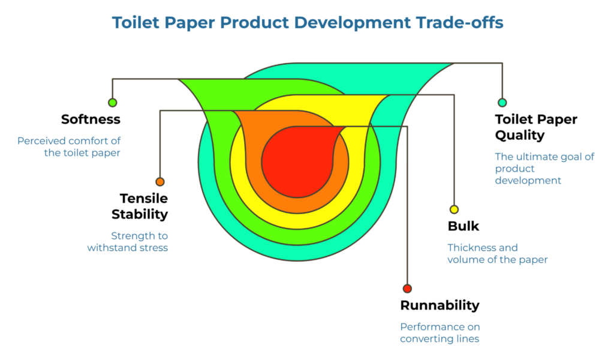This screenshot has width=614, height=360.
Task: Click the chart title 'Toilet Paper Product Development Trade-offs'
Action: pyautogui.click(x=307, y=23)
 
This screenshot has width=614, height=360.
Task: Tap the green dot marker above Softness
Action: pyautogui.click(x=112, y=103)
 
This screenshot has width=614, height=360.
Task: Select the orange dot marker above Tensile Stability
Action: pyautogui.click(x=159, y=182)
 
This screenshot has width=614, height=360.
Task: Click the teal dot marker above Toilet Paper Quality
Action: pyautogui.click(x=502, y=103)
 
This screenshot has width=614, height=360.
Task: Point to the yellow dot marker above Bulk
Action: pyautogui.click(x=454, y=209)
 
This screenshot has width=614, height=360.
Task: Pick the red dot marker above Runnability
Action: pyautogui.click(x=407, y=289)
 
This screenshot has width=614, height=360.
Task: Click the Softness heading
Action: pyautogui.click(x=91, y=119)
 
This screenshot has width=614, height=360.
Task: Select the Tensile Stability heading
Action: pyautogui.click(x=143, y=206)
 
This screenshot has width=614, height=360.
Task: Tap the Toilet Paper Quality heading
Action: pyautogui.click(x=536, y=127)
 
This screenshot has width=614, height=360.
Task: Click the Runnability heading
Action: pyautogui.click(x=440, y=305)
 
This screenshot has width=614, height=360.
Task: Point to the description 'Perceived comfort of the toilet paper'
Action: pyautogui.click(x=68, y=147)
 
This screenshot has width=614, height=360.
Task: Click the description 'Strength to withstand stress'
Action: pyautogui.click(x=127, y=241)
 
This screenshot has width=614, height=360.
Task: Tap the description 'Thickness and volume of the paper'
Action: pyautogui.click(x=497, y=254)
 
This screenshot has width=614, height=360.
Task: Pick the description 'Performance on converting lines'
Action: pyautogui.click(x=440, y=333)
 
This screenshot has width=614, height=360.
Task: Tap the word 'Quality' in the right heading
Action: pyautogui.click(x=519, y=136)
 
